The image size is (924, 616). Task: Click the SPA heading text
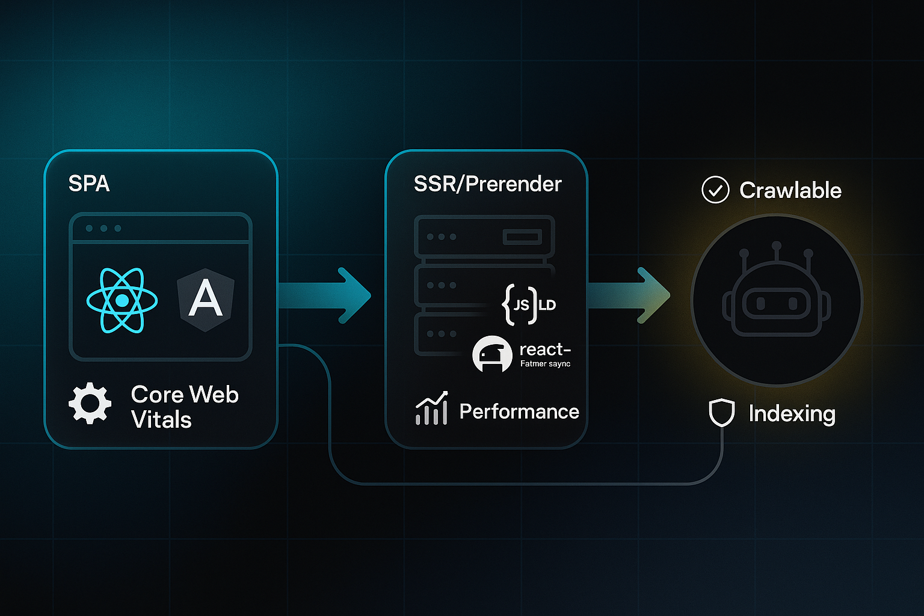pos(89,183)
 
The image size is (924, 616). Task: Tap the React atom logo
pos(122,300)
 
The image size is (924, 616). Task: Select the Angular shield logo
pos(206,300)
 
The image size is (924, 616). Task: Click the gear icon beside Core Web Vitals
pos(90,403)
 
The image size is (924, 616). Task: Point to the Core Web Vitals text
pos(184,407)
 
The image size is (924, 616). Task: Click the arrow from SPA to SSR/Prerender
pos(328,295)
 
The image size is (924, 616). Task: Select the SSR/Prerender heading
pos(487,184)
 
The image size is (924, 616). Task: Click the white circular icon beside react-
pos(492,354)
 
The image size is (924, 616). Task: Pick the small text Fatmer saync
pos(545,364)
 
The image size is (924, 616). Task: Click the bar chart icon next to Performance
pos(431,408)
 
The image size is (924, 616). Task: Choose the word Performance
pos(519,411)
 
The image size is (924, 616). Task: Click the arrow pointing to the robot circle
pos(632,295)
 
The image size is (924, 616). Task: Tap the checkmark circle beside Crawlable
pos(715,190)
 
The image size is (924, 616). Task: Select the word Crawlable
pos(790,191)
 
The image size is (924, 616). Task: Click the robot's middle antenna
pos(777,247)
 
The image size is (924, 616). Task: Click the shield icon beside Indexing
pos(721,413)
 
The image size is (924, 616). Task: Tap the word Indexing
pos(792,414)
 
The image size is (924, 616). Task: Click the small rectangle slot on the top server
pos(522,237)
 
